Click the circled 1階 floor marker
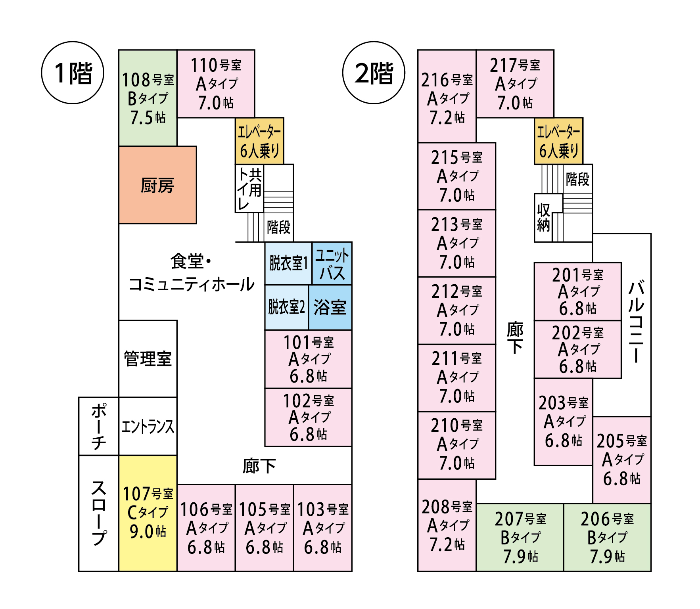tap(73, 73)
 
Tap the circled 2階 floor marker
tap(374, 73)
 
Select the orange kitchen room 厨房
tap(157, 185)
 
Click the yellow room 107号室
tap(148, 513)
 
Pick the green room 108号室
tap(148, 98)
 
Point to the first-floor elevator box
tap(260, 141)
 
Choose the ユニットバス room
tap(332, 263)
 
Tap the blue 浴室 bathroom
tap(330, 307)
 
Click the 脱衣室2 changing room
tap(287, 307)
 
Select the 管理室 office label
tap(148, 358)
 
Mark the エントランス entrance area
tap(148, 427)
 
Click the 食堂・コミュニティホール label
tap(192, 273)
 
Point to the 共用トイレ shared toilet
tap(249, 189)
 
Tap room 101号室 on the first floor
tap(308, 359)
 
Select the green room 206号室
tap(607, 538)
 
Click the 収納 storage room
tap(544, 218)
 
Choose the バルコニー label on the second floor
tap(636, 321)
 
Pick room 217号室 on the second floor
tap(515, 84)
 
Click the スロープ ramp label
tap(99, 513)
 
